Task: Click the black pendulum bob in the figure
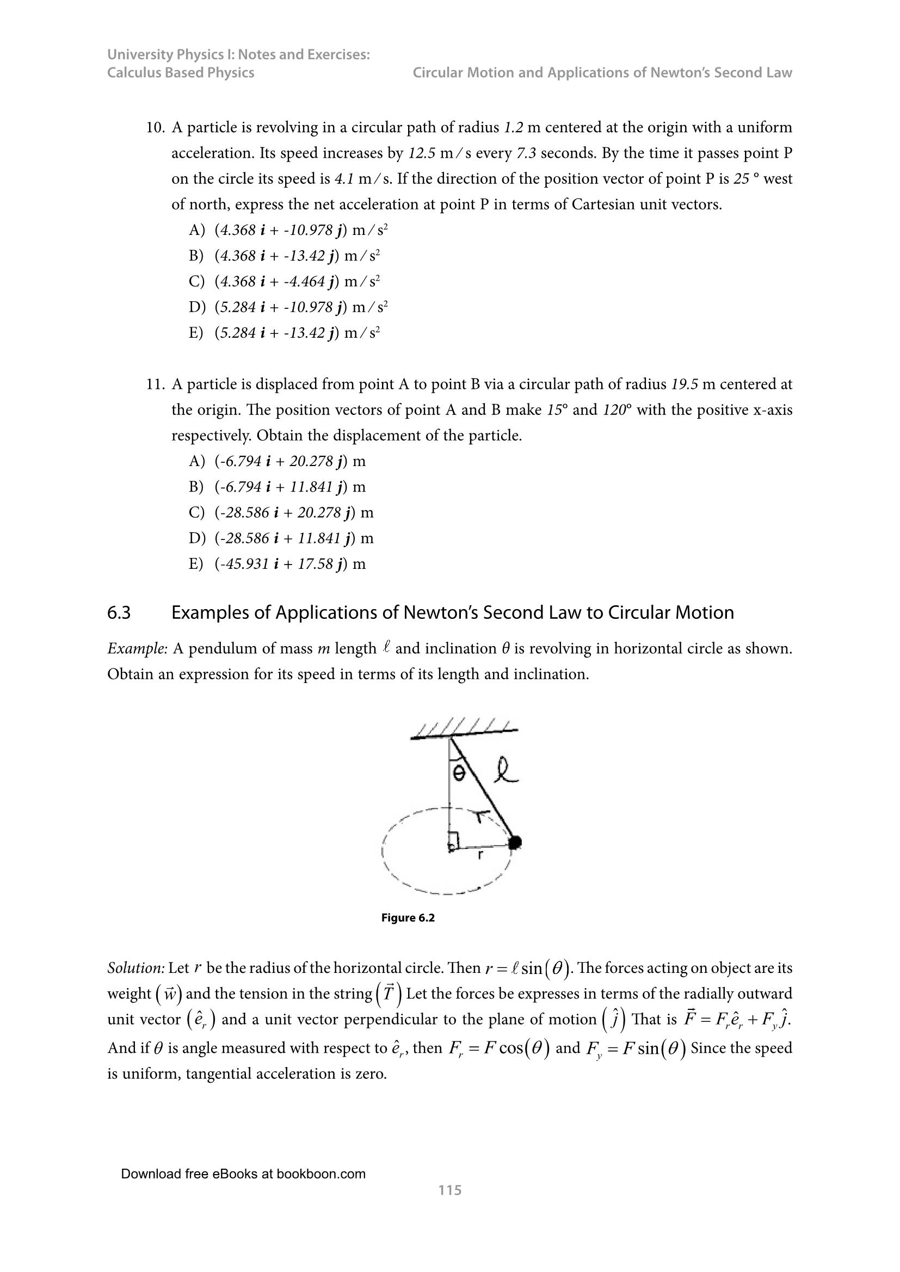515,842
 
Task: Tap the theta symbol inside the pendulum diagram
459,774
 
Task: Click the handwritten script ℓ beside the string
506,772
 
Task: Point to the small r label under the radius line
480,855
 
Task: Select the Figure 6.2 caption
408,918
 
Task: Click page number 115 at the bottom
449,1190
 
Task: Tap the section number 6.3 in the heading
119,613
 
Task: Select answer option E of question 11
277,564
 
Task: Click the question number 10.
155,128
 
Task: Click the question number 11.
155,384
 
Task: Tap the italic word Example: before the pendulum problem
137,649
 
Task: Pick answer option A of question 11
277,462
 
